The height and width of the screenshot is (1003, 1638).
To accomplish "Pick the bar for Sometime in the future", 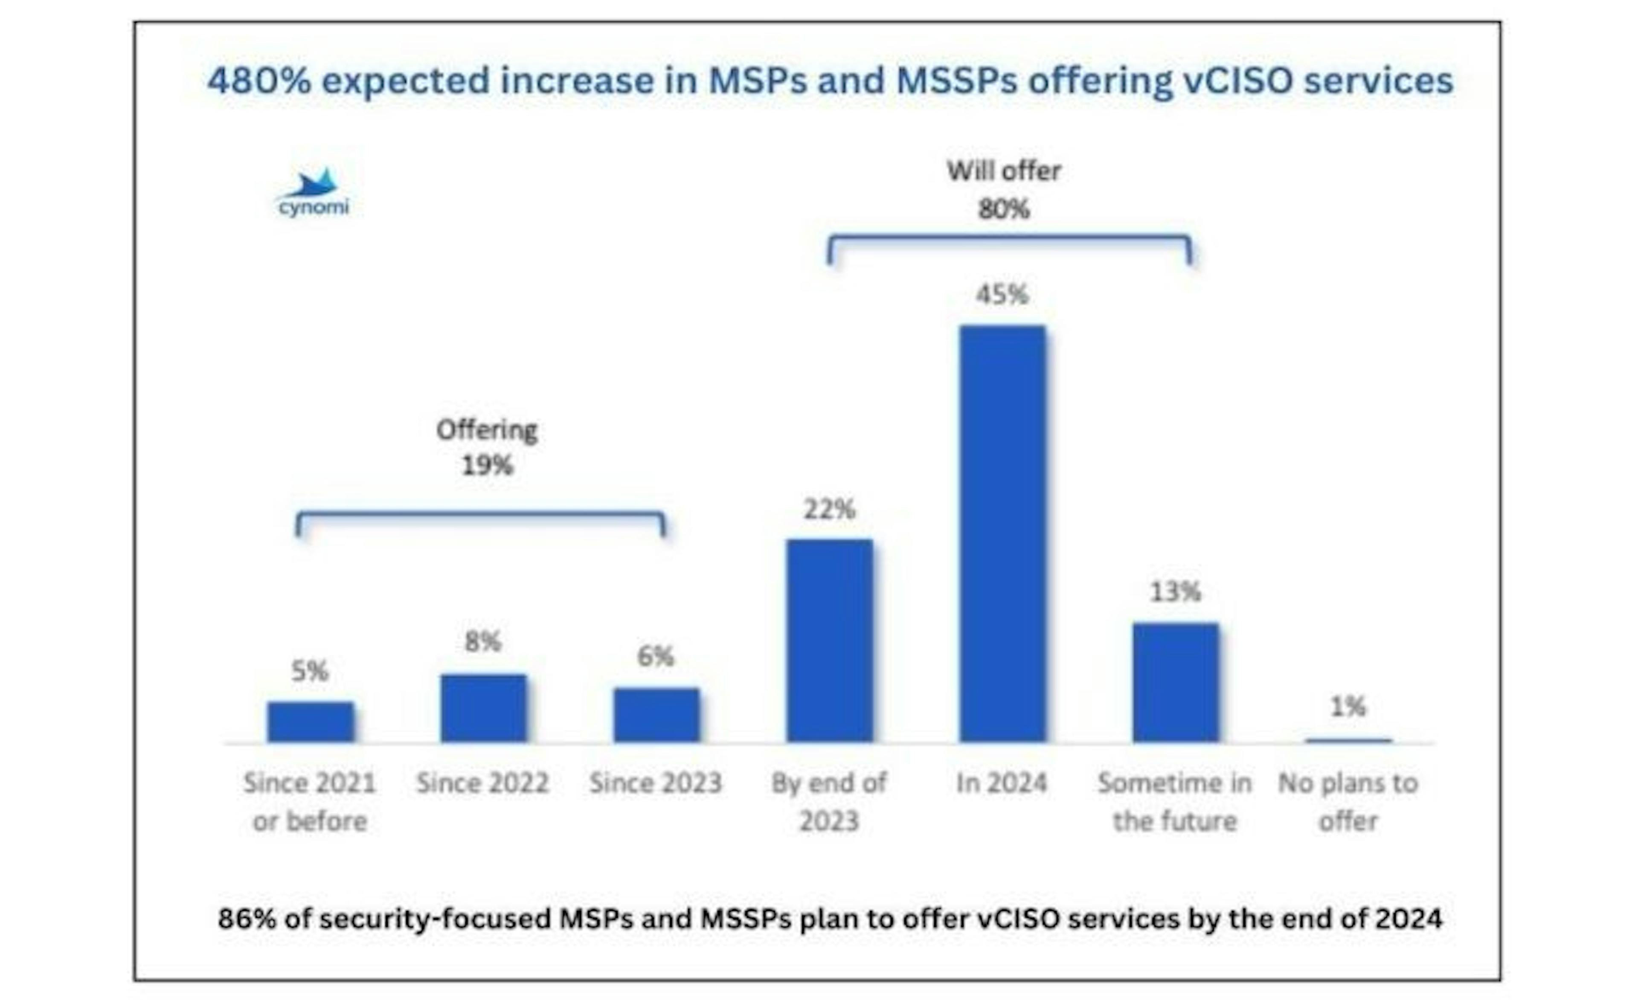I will pyautogui.click(x=1175, y=683).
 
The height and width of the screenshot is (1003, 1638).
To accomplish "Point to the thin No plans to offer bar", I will pyautogui.click(x=1348, y=740).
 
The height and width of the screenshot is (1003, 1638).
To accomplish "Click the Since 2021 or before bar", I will pyautogui.click(x=311, y=722).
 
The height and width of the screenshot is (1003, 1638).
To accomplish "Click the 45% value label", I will pyautogui.click(x=1002, y=294).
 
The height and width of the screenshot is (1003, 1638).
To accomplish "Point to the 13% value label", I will pyautogui.click(x=1175, y=591).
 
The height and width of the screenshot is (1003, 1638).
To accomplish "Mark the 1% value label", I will pyautogui.click(x=1348, y=707).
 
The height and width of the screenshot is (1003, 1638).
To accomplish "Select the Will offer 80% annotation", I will pyautogui.click(x=1003, y=190).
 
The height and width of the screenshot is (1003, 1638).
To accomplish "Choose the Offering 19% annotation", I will pyautogui.click(x=487, y=447).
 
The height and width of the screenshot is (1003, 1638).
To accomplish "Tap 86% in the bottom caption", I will pyautogui.click(x=246, y=919).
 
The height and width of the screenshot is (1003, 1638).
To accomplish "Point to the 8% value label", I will pyautogui.click(x=483, y=642).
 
